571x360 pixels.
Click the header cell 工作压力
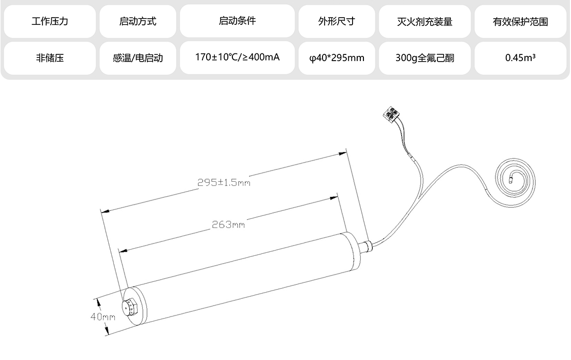pyautogui.click(x=50, y=21)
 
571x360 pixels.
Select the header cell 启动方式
pyautogui.click(x=138, y=21)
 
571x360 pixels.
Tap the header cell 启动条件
pyautogui.click(x=237, y=21)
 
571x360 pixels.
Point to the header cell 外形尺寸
pyautogui.click(x=336, y=21)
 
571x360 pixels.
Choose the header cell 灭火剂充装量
pyautogui.click(x=424, y=22)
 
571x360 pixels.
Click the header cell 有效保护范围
pyautogui.click(x=520, y=22)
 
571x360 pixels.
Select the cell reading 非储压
pyautogui.click(x=50, y=58)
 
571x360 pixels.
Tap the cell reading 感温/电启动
pyautogui.click(x=138, y=58)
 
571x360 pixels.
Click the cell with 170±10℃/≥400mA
pyautogui.click(x=237, y=57)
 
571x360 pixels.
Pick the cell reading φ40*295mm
pyautogui.click(x=336, y=58)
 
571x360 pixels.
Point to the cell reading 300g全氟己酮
pyautogui.click(x=424, y=58)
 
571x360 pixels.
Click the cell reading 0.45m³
pyautogui.click(x=520, y=58)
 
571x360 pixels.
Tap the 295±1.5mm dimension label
pyautogui.click(x=224, y=182)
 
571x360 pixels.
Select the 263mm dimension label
pyautogui.click(x=228, y=224)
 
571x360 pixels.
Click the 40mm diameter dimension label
pyautogui.click(x=103, y=316)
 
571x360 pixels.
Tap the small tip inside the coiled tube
pyautogui.click(x=510, y=179)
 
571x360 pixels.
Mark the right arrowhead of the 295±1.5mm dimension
pyautogui.click(x=343, y=153)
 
